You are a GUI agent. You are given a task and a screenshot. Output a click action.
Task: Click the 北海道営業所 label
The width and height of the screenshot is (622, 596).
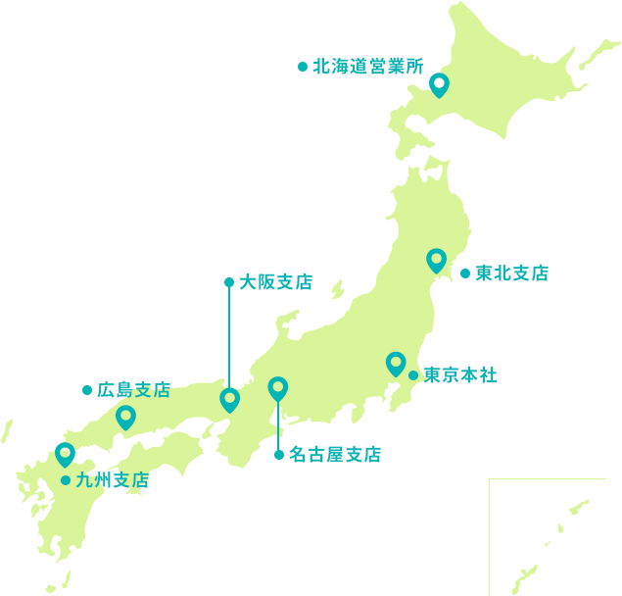tap(367, 67)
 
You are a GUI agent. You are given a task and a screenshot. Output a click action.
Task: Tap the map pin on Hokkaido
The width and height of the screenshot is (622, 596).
tap(439, 85)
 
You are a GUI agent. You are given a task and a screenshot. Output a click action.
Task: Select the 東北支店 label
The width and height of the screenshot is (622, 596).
tap(511, 273)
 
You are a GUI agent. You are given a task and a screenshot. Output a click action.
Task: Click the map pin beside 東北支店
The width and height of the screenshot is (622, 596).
tap(437, 260)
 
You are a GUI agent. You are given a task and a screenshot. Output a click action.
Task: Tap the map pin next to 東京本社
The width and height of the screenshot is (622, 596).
tap(396, 364)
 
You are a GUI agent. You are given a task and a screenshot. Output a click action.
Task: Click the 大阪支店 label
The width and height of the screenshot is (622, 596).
tap(276, 282)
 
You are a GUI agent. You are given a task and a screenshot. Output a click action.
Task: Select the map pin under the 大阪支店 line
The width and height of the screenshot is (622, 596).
tap(229, 399)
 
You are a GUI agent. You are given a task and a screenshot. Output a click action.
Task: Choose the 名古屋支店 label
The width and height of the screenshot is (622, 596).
tap(335, 455)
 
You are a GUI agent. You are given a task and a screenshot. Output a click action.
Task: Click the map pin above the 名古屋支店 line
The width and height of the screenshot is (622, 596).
tap(278, 388)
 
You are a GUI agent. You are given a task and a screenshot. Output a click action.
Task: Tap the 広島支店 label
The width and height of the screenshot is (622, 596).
tap(134, 390)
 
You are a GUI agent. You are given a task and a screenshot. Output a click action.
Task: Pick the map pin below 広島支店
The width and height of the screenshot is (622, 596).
tap(125, 418)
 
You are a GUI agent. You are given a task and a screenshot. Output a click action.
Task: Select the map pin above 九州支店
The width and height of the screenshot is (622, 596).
tap(65, 454)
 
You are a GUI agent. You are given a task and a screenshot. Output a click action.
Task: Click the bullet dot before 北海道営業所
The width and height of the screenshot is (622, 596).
tap(303, 67)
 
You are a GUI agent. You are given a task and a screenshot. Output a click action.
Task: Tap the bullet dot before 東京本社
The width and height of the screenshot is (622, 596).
tap(413, 375)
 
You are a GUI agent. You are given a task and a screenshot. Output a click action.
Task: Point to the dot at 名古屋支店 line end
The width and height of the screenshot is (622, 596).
tap(279, 455)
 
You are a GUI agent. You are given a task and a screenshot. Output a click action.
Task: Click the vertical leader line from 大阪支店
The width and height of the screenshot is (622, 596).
tap(229, 333)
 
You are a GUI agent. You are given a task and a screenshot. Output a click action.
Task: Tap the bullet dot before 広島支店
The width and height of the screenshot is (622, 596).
tap(86, 390)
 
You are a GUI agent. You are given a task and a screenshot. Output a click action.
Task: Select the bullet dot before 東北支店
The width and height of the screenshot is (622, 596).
tap(464, 273)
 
